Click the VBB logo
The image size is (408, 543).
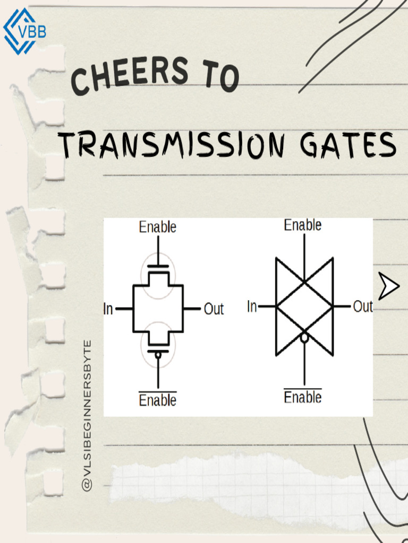click(24, 31)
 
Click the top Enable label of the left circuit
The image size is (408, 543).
click(157, 227)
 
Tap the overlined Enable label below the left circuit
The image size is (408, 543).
click(157, 399)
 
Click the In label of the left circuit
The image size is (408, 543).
click(108, 309)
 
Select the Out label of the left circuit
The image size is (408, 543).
click(214, 309)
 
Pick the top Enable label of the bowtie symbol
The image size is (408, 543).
click(302, 225)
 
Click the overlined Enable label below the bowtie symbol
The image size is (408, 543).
click(302, 396)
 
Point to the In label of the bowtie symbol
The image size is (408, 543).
click(252, 306)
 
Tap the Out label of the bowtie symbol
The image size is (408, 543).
click(362, 306)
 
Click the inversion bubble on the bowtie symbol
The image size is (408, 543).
click(304, 337)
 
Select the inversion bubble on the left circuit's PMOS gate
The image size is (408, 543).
click(158, 355)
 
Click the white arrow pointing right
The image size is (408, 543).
click(388, 286)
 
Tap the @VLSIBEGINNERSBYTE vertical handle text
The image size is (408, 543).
click(87, 416)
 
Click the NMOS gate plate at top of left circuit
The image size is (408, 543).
click(158, 266)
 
